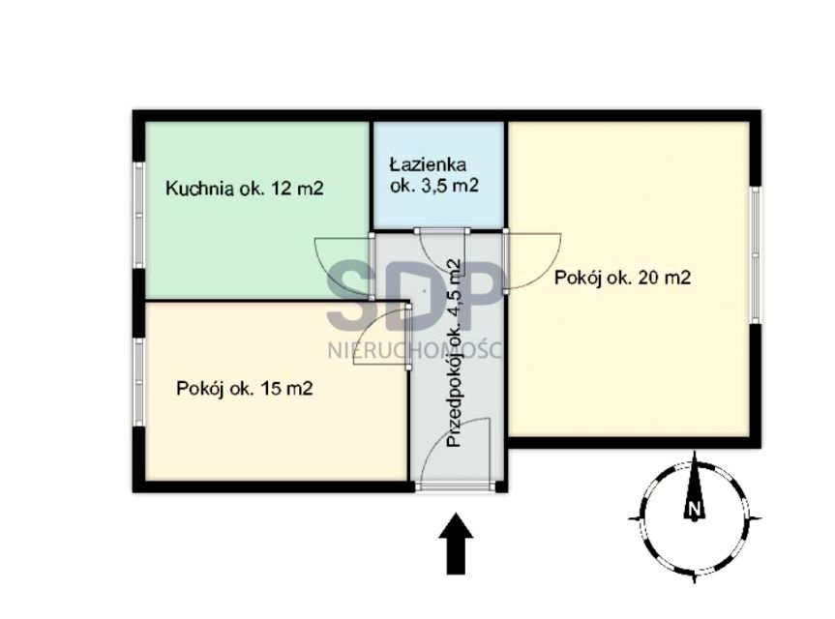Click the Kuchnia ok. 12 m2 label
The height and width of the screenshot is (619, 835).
(245, 189)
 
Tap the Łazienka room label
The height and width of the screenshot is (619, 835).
(428, 164)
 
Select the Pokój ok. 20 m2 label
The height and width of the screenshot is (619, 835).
(622, 278)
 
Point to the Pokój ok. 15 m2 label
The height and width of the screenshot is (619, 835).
(245, 388)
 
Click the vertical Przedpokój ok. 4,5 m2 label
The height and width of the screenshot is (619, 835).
(453, 353)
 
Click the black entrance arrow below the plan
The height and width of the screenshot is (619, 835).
(456, 544)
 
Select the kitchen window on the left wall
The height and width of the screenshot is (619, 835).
(139, 215)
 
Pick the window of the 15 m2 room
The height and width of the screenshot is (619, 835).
(139, 382)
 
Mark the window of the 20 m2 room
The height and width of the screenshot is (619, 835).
(755, 255)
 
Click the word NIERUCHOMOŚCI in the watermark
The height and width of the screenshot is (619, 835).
(414, 351)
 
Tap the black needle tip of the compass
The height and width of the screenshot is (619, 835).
(695, 453)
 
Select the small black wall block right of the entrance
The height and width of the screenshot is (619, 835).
(501, 486)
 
